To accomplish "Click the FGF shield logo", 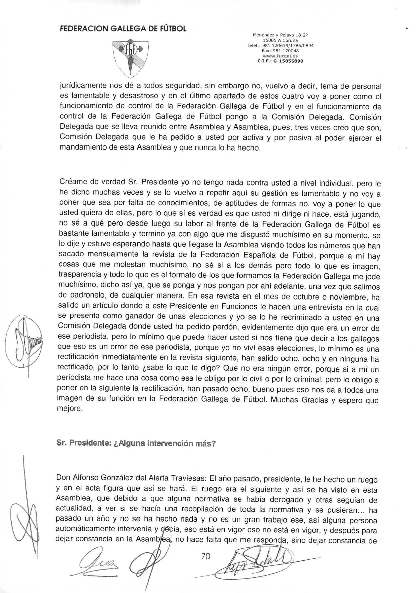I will point(131,58).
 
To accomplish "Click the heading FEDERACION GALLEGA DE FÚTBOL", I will point(123,29).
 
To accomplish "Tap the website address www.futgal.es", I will point(280,56).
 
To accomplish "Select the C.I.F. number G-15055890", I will point(280,61).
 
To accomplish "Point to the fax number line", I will point(280,51).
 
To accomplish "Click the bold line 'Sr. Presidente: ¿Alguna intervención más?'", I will point(136,443).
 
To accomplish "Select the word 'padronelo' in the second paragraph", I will point(85,295).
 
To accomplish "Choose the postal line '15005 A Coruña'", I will point(280,40).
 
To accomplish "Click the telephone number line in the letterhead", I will point(280,46).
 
